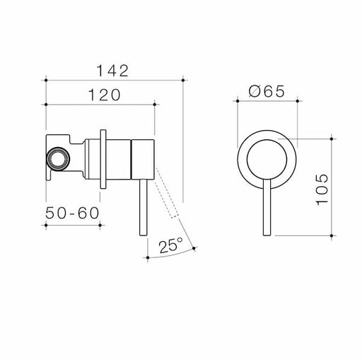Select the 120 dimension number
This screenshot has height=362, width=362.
(100, 94)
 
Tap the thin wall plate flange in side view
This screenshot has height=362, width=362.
(105, 160)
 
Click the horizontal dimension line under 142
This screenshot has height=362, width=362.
(114, 80)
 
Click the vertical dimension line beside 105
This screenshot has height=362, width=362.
(332, 184)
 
